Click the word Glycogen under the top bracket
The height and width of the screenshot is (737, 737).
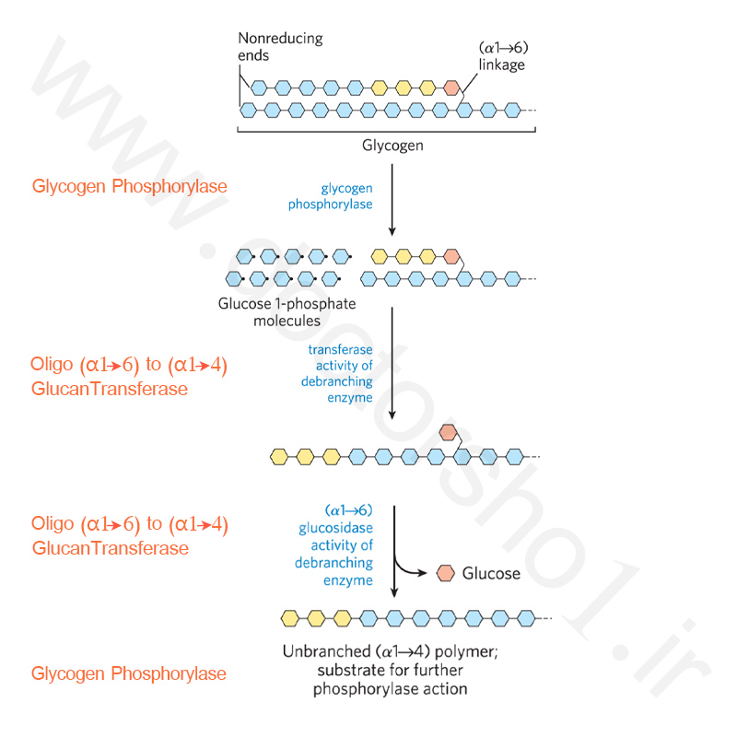tap(392, 146)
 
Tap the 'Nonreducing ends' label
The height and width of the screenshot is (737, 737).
tap(280, 47)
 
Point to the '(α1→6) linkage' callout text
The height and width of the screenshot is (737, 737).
tap(503, 56)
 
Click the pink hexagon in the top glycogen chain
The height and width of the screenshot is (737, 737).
tap(451, 88)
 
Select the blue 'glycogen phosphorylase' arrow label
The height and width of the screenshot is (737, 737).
tap(331, 196)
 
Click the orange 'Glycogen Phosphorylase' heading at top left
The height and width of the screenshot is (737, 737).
tap(129, 187)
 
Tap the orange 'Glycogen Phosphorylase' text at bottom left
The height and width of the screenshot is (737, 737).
tap(128, 674)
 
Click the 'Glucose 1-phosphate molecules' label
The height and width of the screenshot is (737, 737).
tap(287, 312)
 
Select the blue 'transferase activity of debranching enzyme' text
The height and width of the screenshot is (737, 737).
tap(337, 374)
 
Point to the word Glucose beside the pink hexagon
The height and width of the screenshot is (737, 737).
tap(491, 573)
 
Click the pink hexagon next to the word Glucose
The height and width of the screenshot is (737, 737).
tap(446, 573)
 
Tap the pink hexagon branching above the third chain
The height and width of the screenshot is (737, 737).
tap(448, 432)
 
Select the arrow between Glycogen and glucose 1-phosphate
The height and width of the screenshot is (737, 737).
tap(392, 200)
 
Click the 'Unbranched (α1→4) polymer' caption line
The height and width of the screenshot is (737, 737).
tap(390, 651)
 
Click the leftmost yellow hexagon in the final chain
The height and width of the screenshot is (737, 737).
tap(290, 618)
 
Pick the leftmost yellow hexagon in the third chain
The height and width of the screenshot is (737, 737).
tap(279, 456)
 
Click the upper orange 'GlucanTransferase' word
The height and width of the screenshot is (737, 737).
tap(110, 389)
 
